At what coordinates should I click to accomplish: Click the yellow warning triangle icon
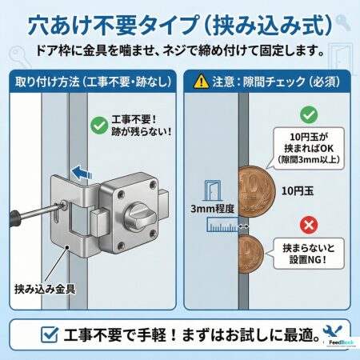(x=202, y=81)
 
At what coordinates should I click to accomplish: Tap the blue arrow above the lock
(x=82, y=172)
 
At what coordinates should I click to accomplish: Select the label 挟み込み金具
(x=45, y=289)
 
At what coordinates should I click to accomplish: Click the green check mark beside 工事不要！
(x=99, y=125)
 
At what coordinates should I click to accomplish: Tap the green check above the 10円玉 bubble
(x=309, y=114)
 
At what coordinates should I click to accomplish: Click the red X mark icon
(x=309, y=225)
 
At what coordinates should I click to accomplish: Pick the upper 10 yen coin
(x=257, y=191)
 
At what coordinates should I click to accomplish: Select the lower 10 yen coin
(x=251, y=254)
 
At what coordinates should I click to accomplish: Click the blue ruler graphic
(x=222, y=224)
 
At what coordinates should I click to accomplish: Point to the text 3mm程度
(x=212, y=209)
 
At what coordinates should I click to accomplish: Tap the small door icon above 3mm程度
(x=212, y=190)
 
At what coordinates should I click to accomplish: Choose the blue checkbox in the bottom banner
(x=50, y=334)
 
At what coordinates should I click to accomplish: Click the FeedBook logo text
(x=341, y=342)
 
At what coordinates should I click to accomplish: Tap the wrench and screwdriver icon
(x=332, y=331)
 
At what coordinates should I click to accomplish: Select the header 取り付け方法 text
(x=47, y=82)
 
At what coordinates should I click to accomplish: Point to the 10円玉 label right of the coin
(x=298, y=191)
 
